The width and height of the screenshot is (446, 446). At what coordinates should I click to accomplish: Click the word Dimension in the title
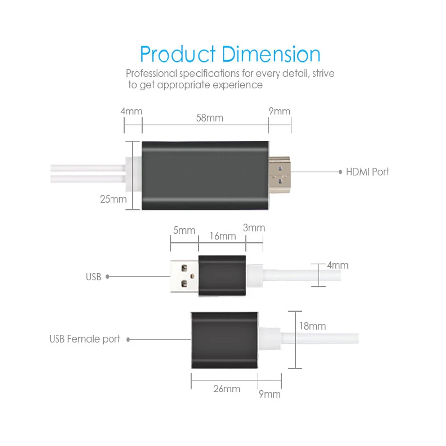(x=271, y=54)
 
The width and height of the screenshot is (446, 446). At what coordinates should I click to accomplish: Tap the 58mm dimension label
(x=210, y=118)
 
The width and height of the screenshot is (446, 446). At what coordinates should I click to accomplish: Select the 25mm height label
(x=113, y=199)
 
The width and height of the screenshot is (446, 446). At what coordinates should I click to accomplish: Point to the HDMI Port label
(x=367, y=172)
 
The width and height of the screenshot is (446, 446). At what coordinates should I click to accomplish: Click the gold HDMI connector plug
(x=279, y=174)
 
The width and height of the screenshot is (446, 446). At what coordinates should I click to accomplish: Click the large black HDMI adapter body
(x=205, y=175)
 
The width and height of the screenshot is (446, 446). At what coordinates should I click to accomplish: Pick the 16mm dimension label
(x=223, y=236)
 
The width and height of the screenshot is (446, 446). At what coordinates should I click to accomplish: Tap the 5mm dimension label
(x=184, y=230)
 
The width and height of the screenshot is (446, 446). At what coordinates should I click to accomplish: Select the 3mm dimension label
(x=254, y=228)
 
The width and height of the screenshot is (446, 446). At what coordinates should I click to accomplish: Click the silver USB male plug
(x=185, y=276)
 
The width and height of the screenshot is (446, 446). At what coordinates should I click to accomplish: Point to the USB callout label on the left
(x=93, y=277)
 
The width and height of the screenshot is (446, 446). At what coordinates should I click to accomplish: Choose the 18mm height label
(x=312, y=326)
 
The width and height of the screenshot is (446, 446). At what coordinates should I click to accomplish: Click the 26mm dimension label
(x=226, y=389)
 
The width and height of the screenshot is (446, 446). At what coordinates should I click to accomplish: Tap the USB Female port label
(x=85, y=339)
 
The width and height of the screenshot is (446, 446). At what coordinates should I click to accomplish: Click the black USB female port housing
(x=224, y=340)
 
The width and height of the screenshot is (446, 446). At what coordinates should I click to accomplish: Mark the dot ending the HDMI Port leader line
(x=340, y=172)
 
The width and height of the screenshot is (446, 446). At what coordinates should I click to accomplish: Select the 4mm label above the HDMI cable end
(x=131, y=111)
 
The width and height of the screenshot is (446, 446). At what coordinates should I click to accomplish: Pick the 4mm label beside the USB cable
(x=337, y=265)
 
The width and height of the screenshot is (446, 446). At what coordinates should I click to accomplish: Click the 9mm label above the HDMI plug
(x=279, y=111)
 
